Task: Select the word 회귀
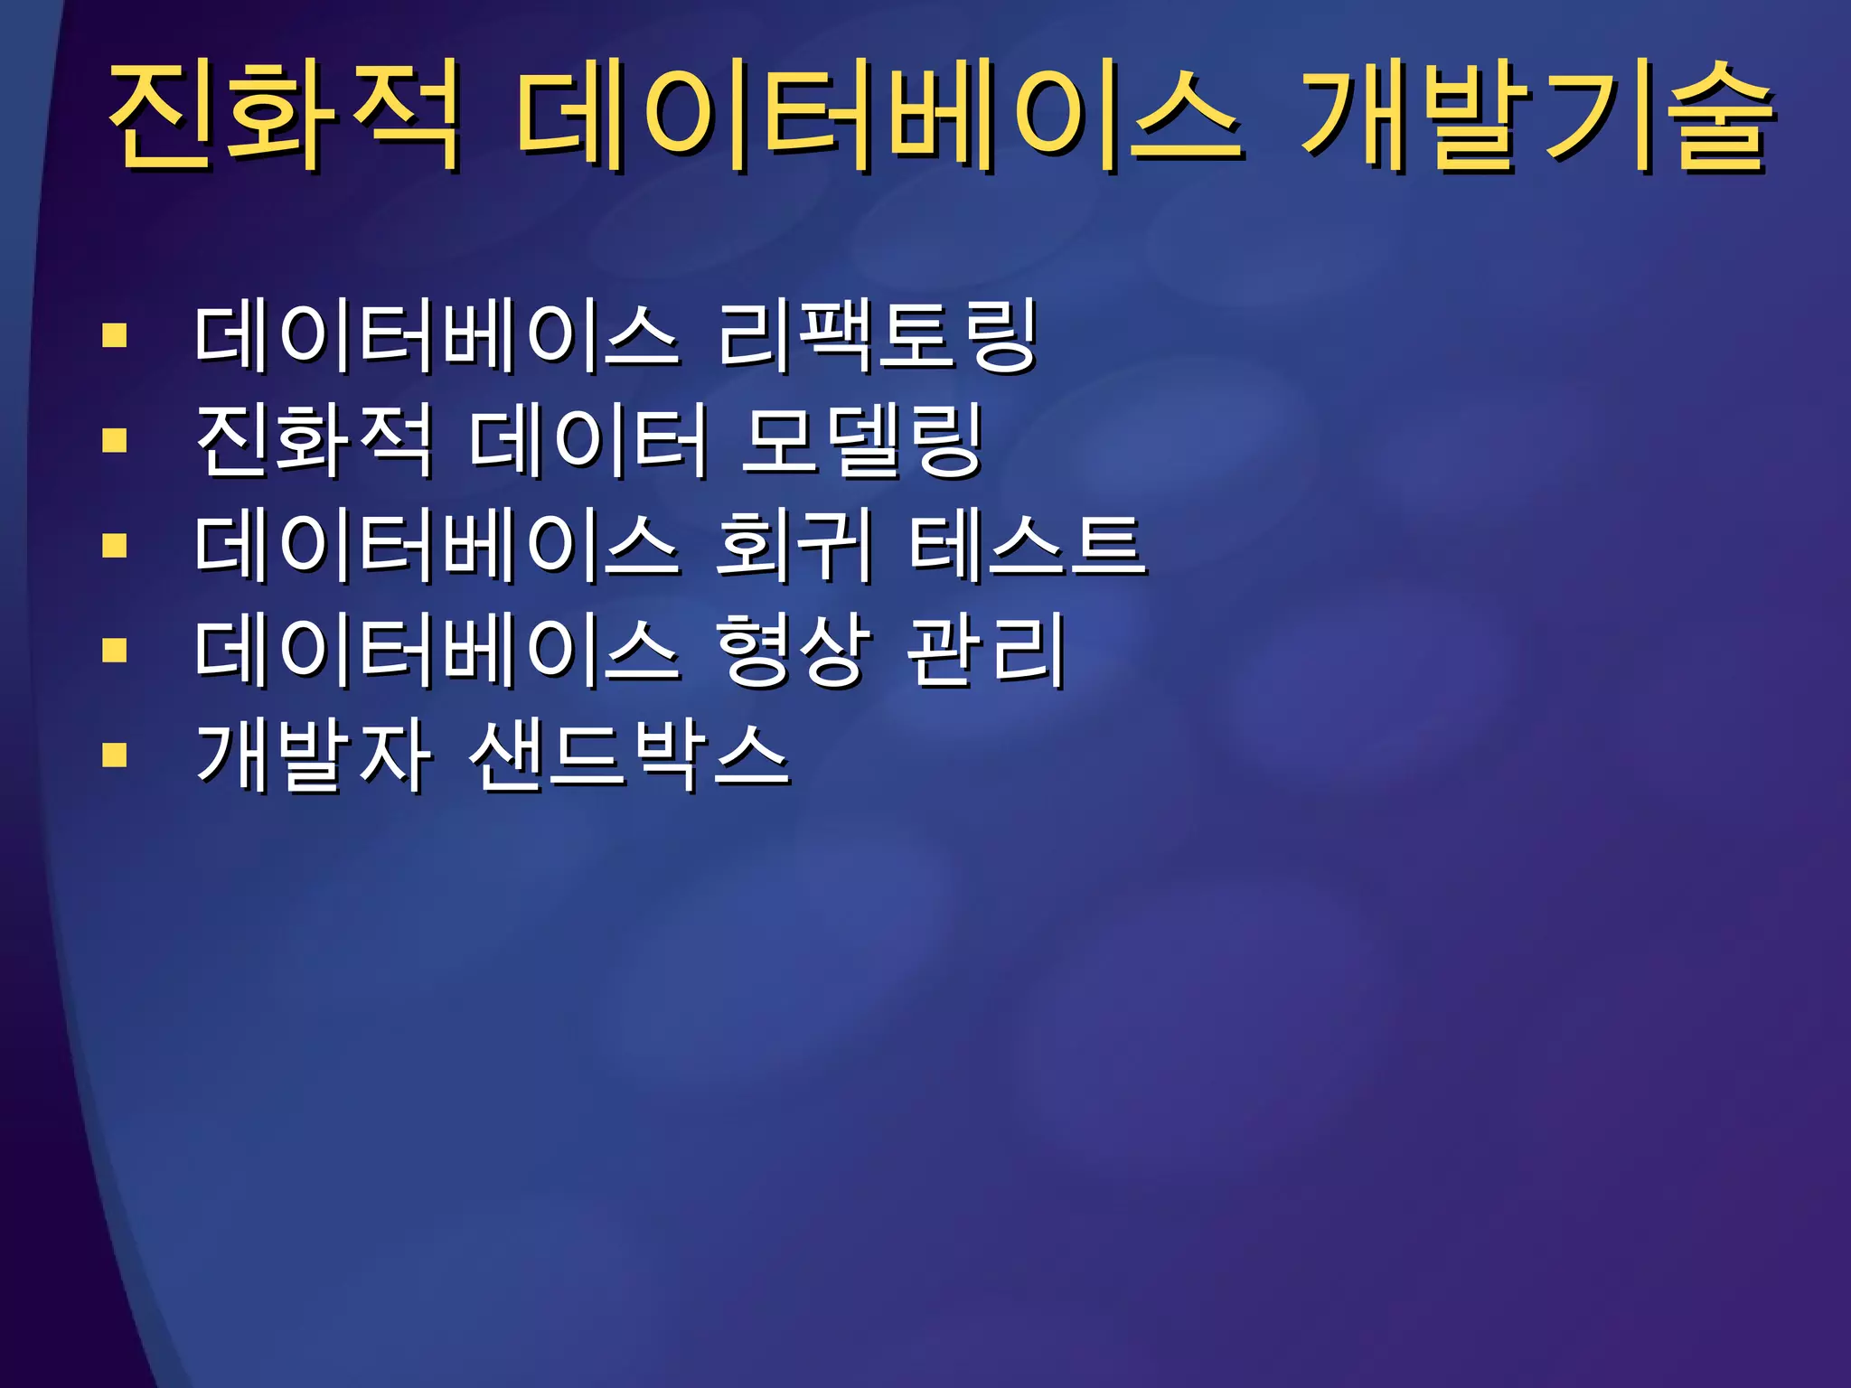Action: point(794,545)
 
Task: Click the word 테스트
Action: point(1027,545)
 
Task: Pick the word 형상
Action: point(794,650)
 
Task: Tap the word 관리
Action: point(986,650)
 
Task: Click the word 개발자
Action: point(313,755)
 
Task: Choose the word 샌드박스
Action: point(629,755)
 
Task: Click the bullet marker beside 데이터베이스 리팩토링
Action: point(115,336)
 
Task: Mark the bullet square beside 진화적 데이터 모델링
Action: point(115,441)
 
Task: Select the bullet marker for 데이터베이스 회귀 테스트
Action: point(115,546)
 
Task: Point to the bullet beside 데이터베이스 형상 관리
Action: point(115,651)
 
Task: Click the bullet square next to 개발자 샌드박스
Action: point(115,755)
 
